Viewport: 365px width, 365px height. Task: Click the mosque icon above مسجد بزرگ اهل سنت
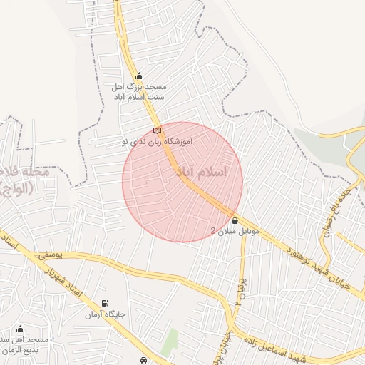click(138, 76)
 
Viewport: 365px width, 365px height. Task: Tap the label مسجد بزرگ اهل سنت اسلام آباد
click(139, 91)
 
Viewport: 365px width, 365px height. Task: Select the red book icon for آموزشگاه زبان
click(157, 130)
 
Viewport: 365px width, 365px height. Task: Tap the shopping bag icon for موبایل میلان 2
click(235, 221)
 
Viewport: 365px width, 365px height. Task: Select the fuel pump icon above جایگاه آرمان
click(106, 304)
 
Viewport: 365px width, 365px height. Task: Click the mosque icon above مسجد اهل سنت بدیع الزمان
click(20, 329)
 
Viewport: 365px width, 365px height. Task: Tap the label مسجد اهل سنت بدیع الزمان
click(24, 345)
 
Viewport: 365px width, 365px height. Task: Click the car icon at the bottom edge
click(145, 360)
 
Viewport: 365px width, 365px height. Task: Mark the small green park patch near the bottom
click(169, 342)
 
